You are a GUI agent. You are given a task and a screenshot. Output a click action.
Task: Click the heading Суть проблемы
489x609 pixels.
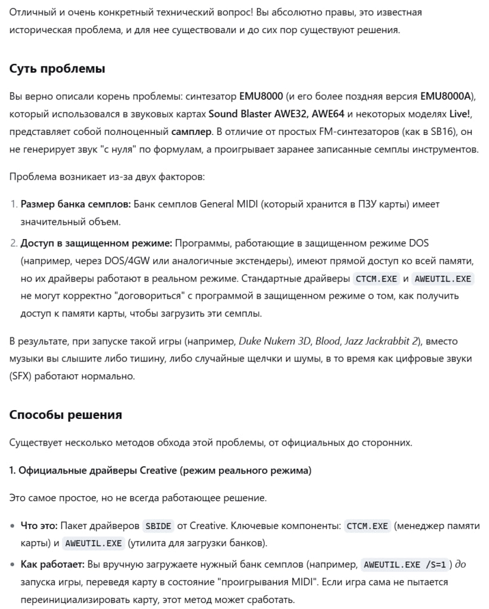[57, 69]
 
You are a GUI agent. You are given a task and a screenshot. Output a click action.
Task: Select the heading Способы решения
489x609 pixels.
[65, 415]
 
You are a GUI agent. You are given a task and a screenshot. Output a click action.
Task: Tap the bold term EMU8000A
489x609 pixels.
[448, 96]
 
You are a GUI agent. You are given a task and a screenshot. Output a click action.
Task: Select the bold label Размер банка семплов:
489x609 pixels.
[76, 204]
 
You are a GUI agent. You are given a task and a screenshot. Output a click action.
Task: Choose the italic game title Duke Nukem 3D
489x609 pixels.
[274, 341]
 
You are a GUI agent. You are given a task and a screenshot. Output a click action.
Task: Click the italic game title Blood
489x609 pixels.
[327, 341]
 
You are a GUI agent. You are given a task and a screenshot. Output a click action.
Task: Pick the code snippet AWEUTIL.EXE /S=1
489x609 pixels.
[405, 565]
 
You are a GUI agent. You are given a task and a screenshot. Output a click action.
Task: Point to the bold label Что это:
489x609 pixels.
[39, 526]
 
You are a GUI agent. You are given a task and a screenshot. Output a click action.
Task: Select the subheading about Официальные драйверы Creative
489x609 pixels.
[160, 471]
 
